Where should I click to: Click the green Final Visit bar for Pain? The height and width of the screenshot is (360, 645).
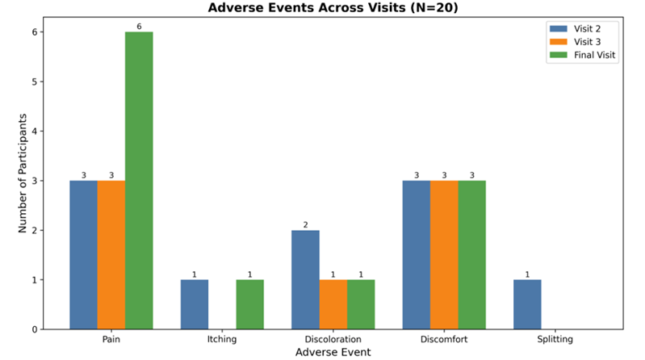(139, 181)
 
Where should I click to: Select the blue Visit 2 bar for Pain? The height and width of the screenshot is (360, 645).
(83, 255)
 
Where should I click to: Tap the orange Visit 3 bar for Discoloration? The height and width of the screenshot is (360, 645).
(333, 304)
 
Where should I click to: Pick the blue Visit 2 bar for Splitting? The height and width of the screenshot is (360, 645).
(527, 304)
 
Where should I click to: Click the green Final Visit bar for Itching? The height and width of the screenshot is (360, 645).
(249, 304)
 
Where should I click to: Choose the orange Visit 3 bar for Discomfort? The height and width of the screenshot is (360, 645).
(444, 255)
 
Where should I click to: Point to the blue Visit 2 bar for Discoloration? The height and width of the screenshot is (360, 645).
(305, 279)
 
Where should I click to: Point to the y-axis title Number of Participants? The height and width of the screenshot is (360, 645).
(23, 174)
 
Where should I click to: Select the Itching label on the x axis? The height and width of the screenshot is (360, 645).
(221, 339)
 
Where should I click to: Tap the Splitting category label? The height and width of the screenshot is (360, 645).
(554, 339)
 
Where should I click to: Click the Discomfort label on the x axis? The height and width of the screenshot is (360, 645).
(443, 339)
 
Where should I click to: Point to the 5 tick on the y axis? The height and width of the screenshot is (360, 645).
(37, 82)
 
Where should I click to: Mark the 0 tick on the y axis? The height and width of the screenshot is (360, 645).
(37, 329)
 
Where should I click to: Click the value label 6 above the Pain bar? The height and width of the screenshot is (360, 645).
(139, 27)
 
